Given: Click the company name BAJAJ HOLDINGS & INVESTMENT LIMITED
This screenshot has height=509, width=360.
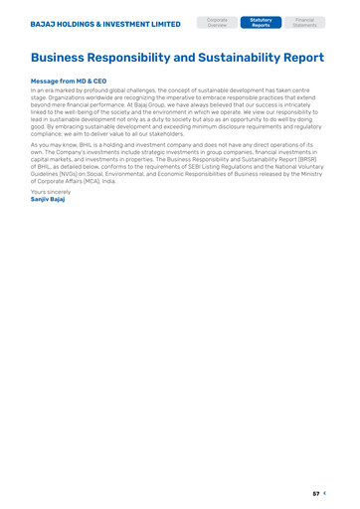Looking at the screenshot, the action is pos(105,23).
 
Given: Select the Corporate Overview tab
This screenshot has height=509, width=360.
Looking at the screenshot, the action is pos(217,22).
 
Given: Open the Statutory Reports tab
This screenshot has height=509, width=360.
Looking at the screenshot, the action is pos(261,22).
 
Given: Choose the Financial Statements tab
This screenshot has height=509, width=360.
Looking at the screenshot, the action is pos(304,22).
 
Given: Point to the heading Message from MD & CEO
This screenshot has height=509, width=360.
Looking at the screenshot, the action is pos(69,81).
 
